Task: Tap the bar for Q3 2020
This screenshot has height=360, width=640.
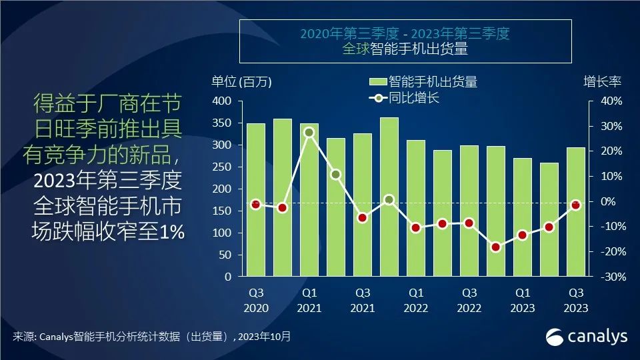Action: pos(256,199)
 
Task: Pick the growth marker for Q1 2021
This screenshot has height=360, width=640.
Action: pos(309,132)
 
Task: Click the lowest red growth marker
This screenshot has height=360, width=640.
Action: pos(496,247)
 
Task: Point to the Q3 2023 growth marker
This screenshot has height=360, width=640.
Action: pos(576,205)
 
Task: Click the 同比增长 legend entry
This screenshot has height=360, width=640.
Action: pos(413,99)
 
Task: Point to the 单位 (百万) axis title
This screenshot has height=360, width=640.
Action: pos(242,82)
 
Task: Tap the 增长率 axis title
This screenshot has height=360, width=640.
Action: pos(603,82)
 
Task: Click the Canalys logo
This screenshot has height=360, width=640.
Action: pos(587,336)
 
